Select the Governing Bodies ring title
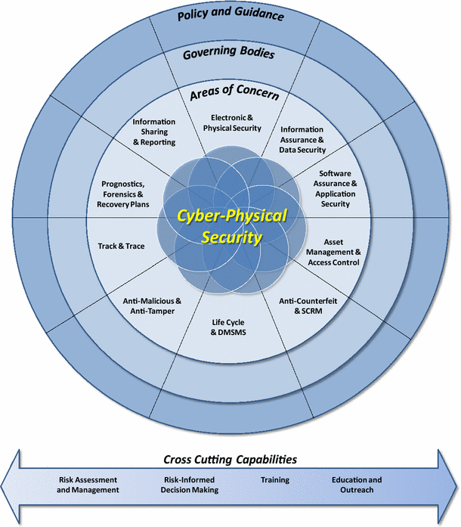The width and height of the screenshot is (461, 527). (x=227, y=54)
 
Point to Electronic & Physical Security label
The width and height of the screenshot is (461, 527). (x=235, y=122)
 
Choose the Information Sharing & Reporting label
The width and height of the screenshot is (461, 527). (x=153, y=132)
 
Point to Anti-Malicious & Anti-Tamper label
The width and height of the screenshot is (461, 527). (x=152, y=305)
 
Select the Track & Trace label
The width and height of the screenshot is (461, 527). (x=121, y=246)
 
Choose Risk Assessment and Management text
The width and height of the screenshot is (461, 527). (x=88, y=485)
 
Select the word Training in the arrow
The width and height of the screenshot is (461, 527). (x=275, y=480)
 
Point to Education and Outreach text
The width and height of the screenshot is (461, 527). (x=357, y=485)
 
